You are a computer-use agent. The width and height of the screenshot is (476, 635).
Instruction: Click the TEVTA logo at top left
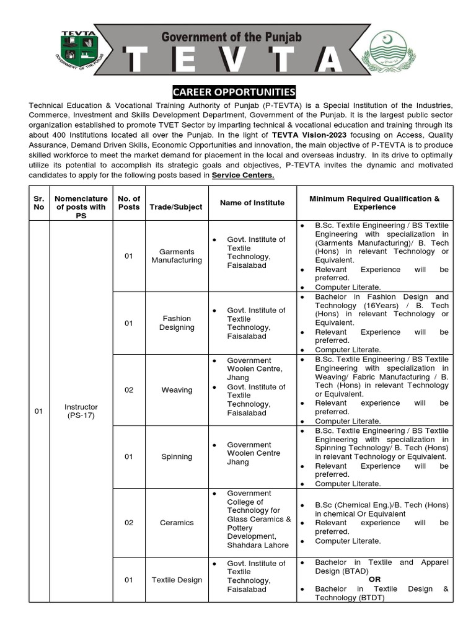(78, 50)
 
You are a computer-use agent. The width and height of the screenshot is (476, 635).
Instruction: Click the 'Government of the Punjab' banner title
(231, 37)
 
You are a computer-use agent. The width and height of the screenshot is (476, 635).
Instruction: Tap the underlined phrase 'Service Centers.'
(243, 175)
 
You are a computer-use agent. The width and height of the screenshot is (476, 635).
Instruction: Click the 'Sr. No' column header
(39, 203)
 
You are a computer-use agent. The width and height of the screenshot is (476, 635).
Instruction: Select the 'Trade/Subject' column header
(176, 207)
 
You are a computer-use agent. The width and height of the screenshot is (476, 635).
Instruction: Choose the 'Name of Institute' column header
(252, 203)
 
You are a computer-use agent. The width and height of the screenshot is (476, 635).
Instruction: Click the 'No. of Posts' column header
(129, 203)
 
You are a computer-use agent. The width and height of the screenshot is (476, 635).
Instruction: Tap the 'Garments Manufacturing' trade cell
(177, 256)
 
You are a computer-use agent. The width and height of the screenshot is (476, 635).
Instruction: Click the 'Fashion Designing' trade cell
(177, 323)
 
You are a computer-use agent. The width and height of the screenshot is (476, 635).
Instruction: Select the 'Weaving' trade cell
(177, 390)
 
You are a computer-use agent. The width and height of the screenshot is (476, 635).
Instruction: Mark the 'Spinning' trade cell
(177, 456)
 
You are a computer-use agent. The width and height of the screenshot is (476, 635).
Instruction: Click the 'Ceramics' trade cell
(177, 523)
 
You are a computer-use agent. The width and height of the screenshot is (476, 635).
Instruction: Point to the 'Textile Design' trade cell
(177, 580)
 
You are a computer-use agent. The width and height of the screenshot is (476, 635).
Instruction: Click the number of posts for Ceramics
(129, 523)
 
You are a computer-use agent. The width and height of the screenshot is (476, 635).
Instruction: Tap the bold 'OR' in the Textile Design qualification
(375, 579)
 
